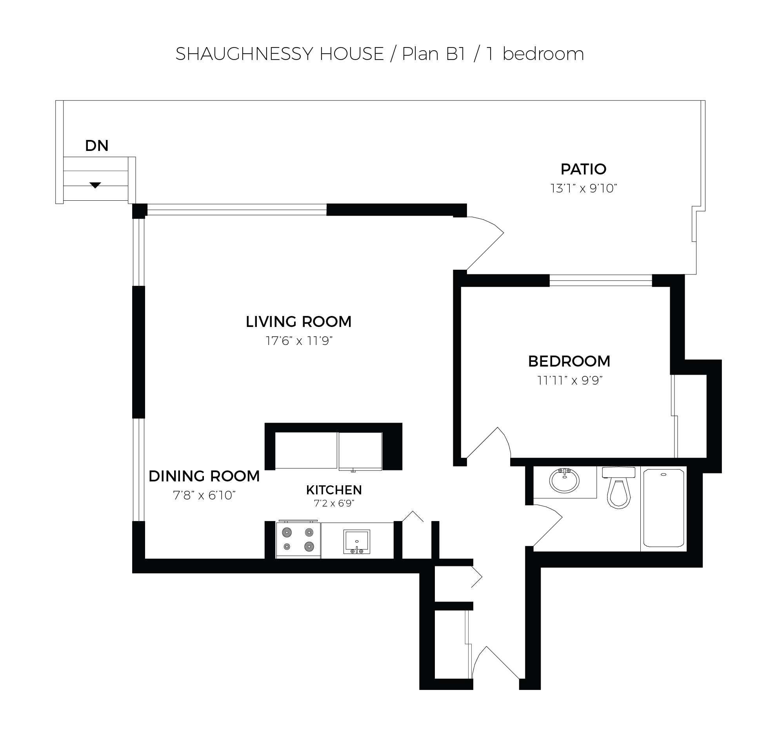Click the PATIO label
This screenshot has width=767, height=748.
583,169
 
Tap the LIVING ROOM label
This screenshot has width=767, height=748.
299,322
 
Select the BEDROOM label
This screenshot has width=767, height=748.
569,361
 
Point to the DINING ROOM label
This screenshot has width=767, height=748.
204,476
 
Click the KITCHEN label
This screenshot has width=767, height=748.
334,490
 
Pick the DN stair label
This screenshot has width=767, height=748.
97,146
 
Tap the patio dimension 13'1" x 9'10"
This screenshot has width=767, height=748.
583,189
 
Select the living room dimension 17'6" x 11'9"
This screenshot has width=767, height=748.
299,341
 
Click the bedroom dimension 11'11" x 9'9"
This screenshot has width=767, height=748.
570,381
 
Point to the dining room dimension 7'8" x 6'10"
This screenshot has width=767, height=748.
204,496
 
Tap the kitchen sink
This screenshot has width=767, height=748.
357,542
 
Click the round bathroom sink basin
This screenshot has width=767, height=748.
564,481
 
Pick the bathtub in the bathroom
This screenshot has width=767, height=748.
663,508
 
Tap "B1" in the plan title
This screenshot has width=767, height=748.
456,54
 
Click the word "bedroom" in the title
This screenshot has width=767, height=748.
543,54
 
